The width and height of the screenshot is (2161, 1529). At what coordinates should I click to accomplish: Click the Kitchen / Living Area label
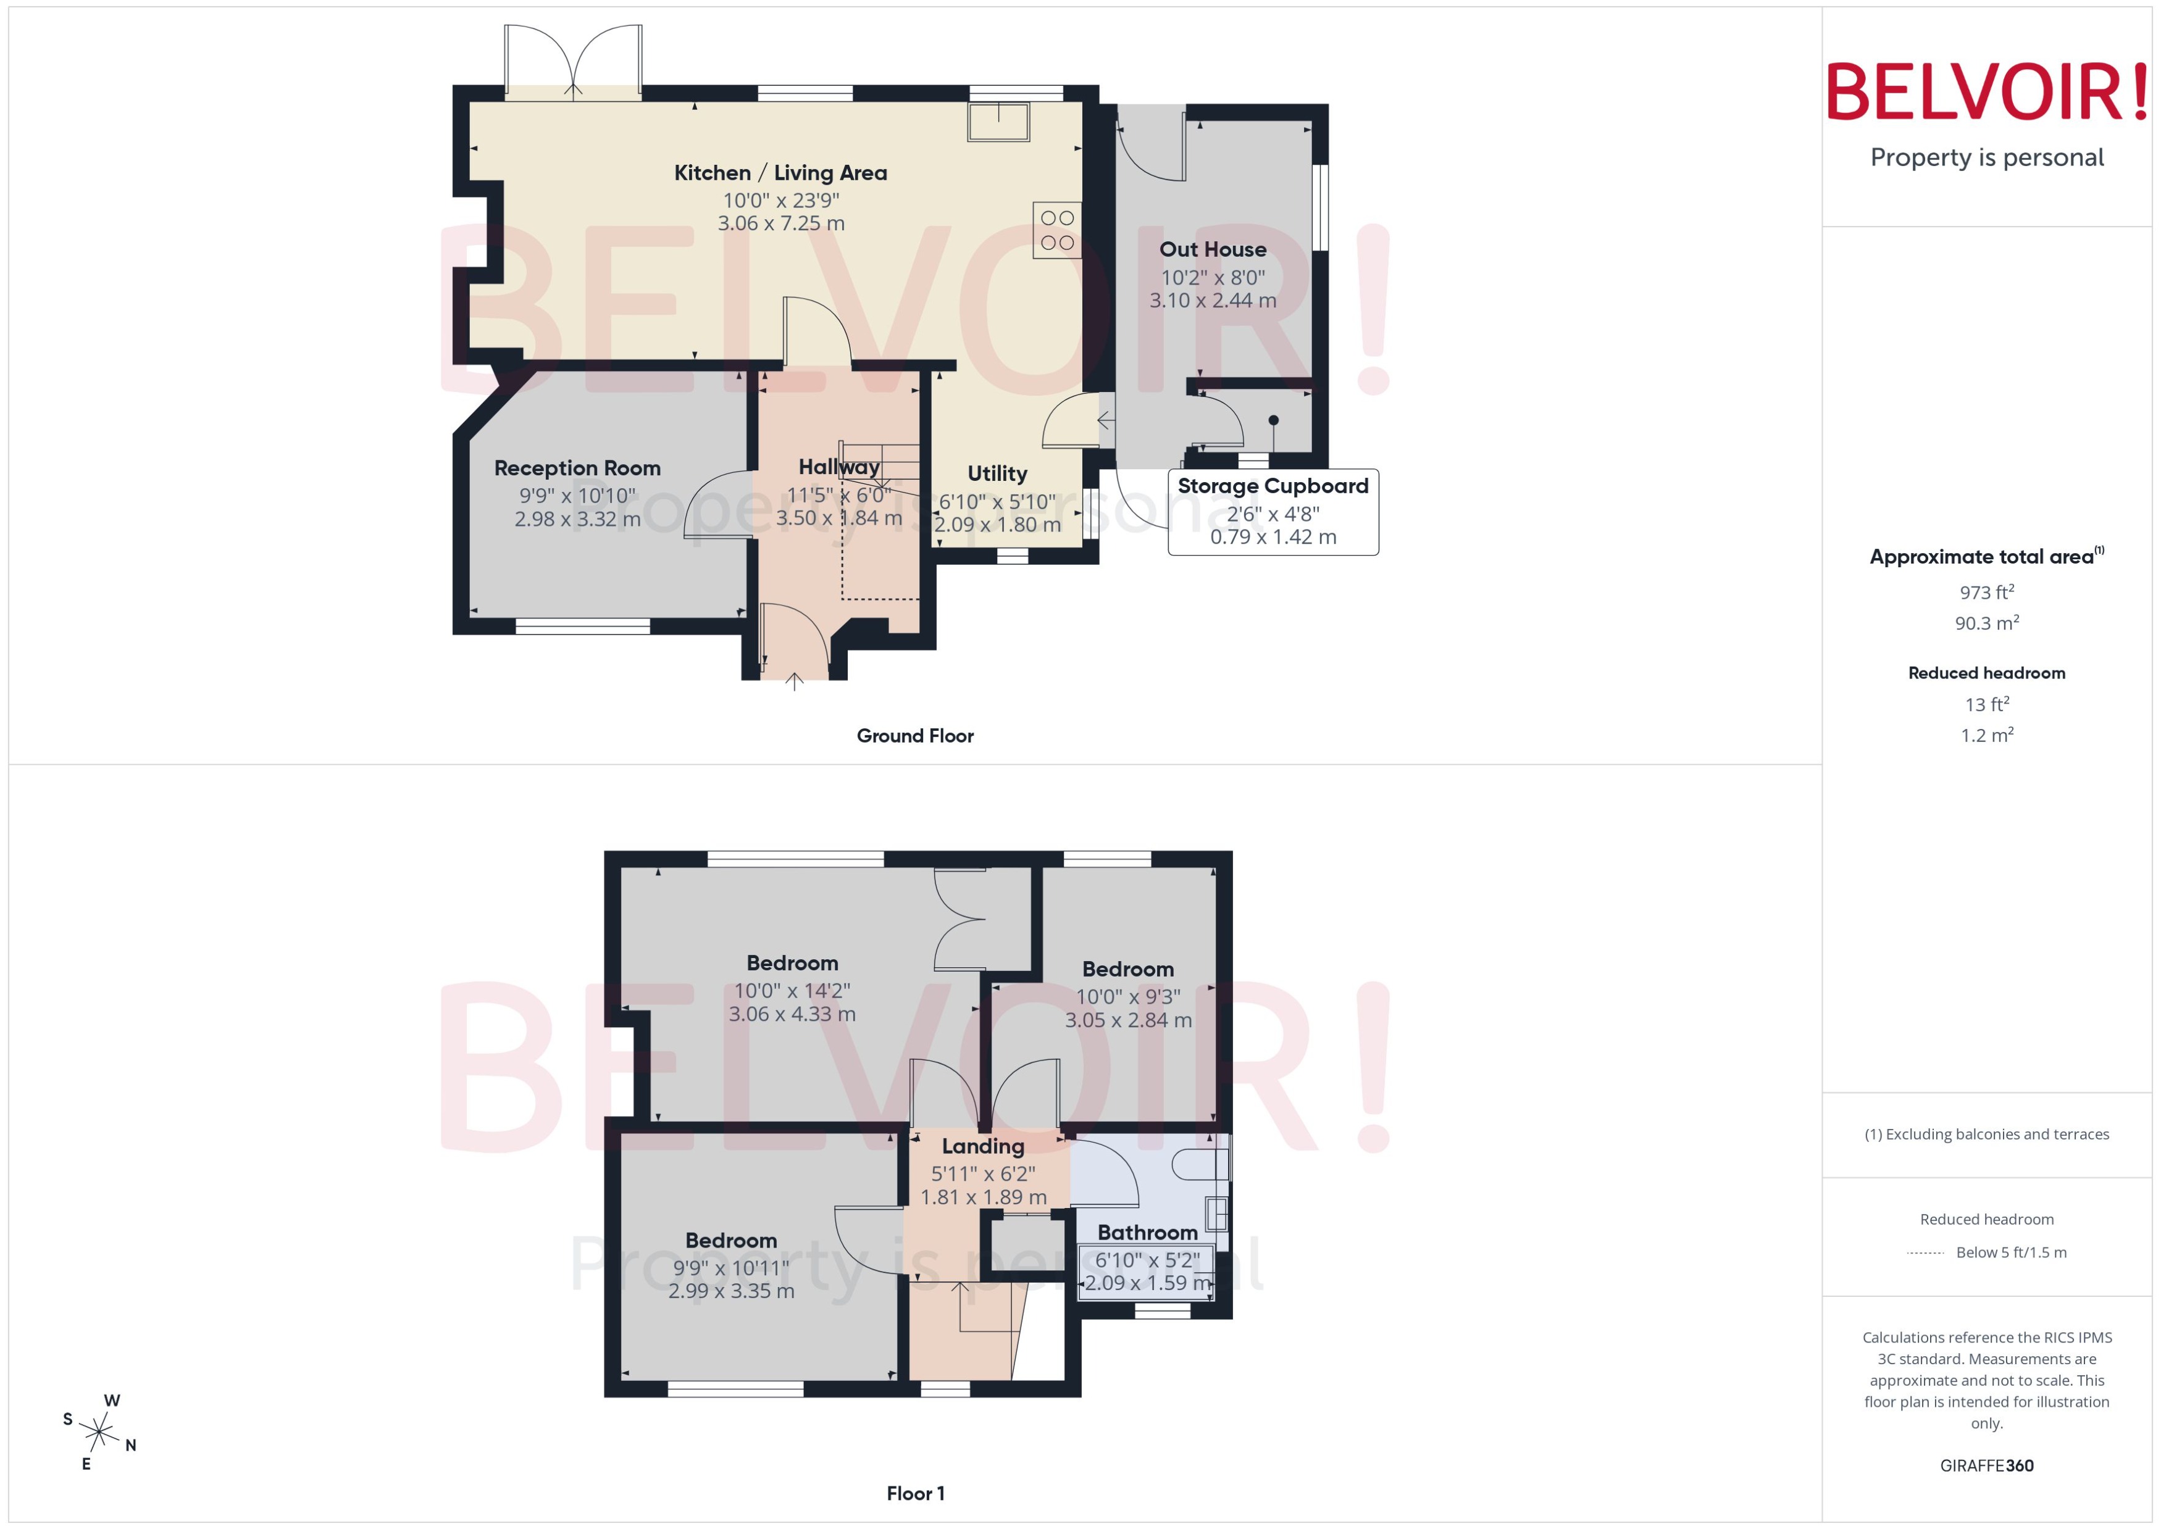click(x=780, y=173)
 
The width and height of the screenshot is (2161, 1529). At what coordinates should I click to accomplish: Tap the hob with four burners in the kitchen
click(x=1056, y=230)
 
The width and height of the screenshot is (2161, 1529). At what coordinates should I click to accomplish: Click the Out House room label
click(x=1212, y=249)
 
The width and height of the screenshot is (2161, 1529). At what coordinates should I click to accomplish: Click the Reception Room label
click(x=577, y=468)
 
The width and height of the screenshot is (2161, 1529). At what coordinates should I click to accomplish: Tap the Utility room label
click(x=997, y=473)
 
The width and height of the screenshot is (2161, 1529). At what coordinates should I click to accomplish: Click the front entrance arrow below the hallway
click(x=794, y=681)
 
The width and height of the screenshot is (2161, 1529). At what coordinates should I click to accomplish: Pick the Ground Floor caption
click(x=914, y=735)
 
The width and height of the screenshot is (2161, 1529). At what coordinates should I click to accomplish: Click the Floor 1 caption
click(x=914, y=1493)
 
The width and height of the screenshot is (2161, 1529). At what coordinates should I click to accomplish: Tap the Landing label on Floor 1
click(x=983, y=1146)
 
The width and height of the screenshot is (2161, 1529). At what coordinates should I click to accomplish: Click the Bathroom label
click(x=1147, y=1233)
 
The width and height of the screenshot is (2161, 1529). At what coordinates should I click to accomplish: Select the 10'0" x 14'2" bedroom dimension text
click(x=792, y=991)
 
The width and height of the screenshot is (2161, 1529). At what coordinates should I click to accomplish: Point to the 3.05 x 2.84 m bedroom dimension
click(x=1128, y=1020)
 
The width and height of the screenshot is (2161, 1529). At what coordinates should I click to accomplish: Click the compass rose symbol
click(x=98, y=1433)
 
